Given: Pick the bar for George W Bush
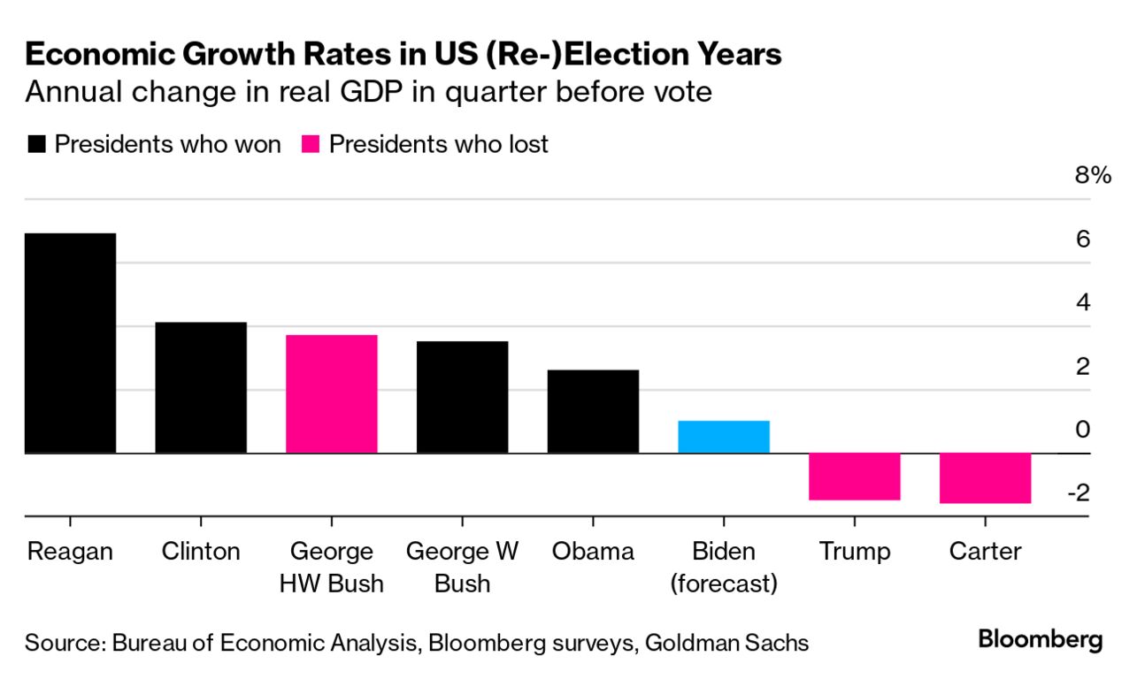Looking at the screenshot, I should [x=463, y=397].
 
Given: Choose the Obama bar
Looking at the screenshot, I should [x=593, y=411].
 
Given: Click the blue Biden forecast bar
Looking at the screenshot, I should [x=724, y=437].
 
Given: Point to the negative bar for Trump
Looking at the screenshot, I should [x=855, y=477].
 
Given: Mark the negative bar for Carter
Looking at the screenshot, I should [x=986, y=478].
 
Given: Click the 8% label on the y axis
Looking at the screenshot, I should [x=1092, y=176].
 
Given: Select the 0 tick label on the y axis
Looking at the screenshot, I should [x=1082, y=430].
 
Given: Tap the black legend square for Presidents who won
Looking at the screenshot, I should [x=37, y=144].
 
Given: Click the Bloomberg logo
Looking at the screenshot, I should [x=1040, y=639].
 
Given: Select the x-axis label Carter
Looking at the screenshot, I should [x=985, y=552].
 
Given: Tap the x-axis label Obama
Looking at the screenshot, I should [x=593, y=552].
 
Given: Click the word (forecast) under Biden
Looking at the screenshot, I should [x=724, y=584].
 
